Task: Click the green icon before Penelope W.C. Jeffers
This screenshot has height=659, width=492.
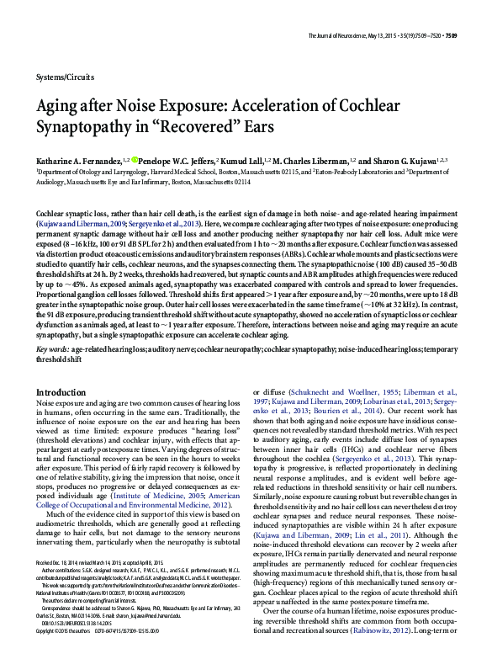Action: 134,158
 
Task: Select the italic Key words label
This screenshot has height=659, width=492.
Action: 53,348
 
